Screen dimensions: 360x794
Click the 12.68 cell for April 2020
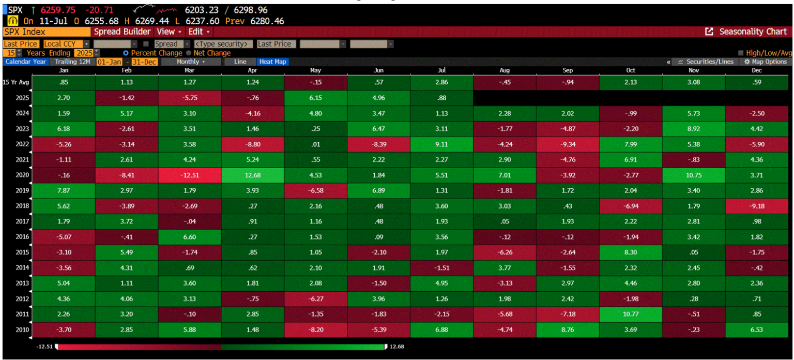tap(253, 175)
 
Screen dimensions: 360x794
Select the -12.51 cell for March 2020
tap(190, 175)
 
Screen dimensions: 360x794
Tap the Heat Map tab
tap(272, 62)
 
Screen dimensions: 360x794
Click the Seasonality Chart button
tap(747, 32)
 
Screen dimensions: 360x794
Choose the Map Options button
tap(766, 62)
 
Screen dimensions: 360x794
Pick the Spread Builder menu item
tap(122, 32)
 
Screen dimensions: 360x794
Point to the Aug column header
tap(505, 70)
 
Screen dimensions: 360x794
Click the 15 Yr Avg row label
tap(14, 82)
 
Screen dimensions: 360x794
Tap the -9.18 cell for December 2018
tap(757, 206)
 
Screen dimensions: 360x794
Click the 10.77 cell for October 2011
tap(631, 314)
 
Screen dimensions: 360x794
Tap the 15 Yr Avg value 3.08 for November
tap(694, 82)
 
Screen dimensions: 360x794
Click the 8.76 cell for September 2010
tap(568, 330)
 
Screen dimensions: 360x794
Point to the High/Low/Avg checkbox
tap(740, 53)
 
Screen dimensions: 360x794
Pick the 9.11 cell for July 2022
tap(442, 144)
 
